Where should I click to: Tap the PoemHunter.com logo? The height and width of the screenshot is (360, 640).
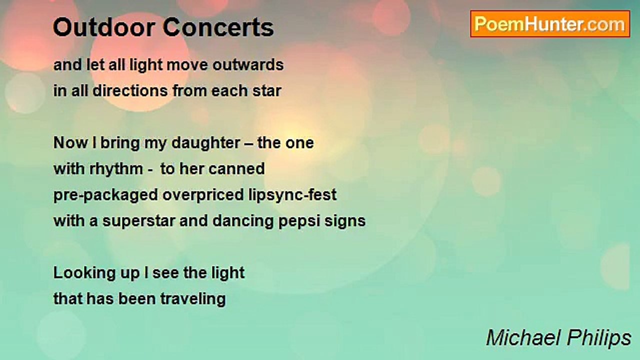click(550, 24)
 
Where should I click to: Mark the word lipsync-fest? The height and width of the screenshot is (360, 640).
click(295, 195)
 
